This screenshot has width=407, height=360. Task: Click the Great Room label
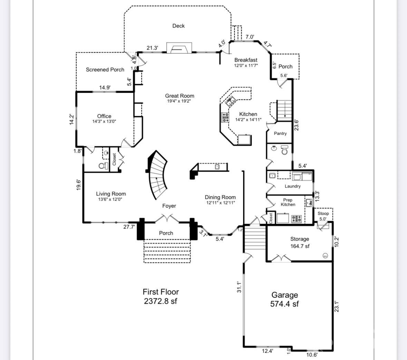tap(180, 96)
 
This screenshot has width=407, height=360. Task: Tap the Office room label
tap(104, 117)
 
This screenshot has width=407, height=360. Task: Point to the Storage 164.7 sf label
tap(300, 242)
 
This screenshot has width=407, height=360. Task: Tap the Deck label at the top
tap(178, 26)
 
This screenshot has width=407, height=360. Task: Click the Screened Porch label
tap(105, 70)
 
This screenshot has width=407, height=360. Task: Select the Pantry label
tap(280, 133)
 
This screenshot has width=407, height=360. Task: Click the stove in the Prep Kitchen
tap(297, 218)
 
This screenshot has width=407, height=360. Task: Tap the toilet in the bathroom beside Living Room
tap(103, 166)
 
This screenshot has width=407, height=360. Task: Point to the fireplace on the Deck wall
tap(179, 48)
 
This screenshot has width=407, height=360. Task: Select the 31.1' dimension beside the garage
tap(239, 287)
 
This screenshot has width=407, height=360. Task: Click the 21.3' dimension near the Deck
tap(152, 48)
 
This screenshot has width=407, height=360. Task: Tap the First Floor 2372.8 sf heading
tap(161, 297)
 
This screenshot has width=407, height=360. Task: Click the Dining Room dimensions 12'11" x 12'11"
tap(220, 203)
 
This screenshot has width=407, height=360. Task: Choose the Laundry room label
tap(292, 186)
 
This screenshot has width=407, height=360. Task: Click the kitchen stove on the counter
tap(225, 118)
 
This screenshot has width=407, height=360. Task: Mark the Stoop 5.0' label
tap(323, 216)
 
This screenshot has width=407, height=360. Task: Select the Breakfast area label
tap(246, 60)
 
